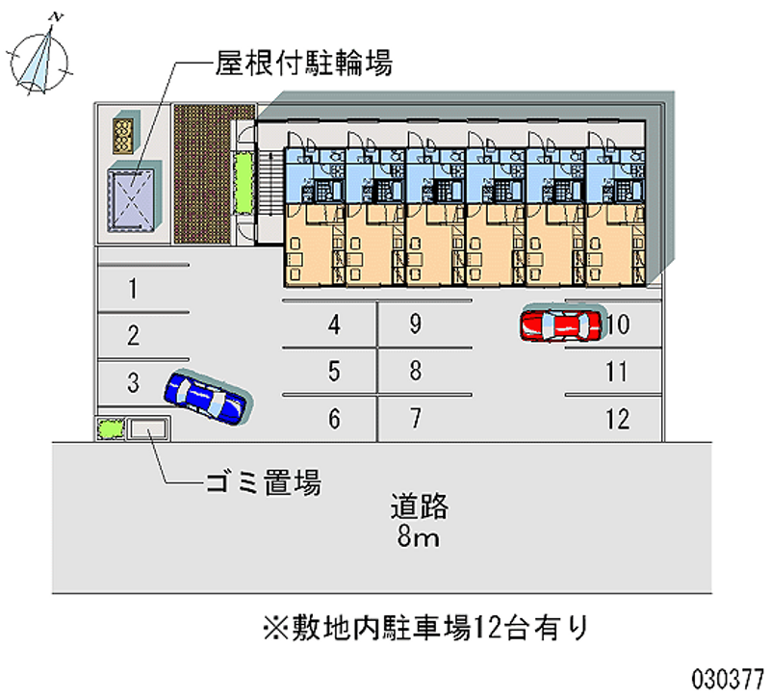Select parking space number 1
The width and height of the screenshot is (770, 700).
point(134,287)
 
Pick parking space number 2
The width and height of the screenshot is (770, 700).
point(134,335)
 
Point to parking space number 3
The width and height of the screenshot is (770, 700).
point(134,382)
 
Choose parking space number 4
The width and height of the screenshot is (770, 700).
point(333,324)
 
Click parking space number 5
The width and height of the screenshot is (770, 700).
point(333,371)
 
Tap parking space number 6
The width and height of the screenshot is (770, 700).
point(333,419)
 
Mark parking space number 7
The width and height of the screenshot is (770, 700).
point(415,419)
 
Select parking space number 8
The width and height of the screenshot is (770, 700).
point(415,371)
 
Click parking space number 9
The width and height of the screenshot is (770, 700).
point(415,324)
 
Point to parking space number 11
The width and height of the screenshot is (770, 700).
point(617,371)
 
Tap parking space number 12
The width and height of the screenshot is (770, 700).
point(617,419)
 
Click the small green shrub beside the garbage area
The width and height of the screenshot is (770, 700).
point(110,428)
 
